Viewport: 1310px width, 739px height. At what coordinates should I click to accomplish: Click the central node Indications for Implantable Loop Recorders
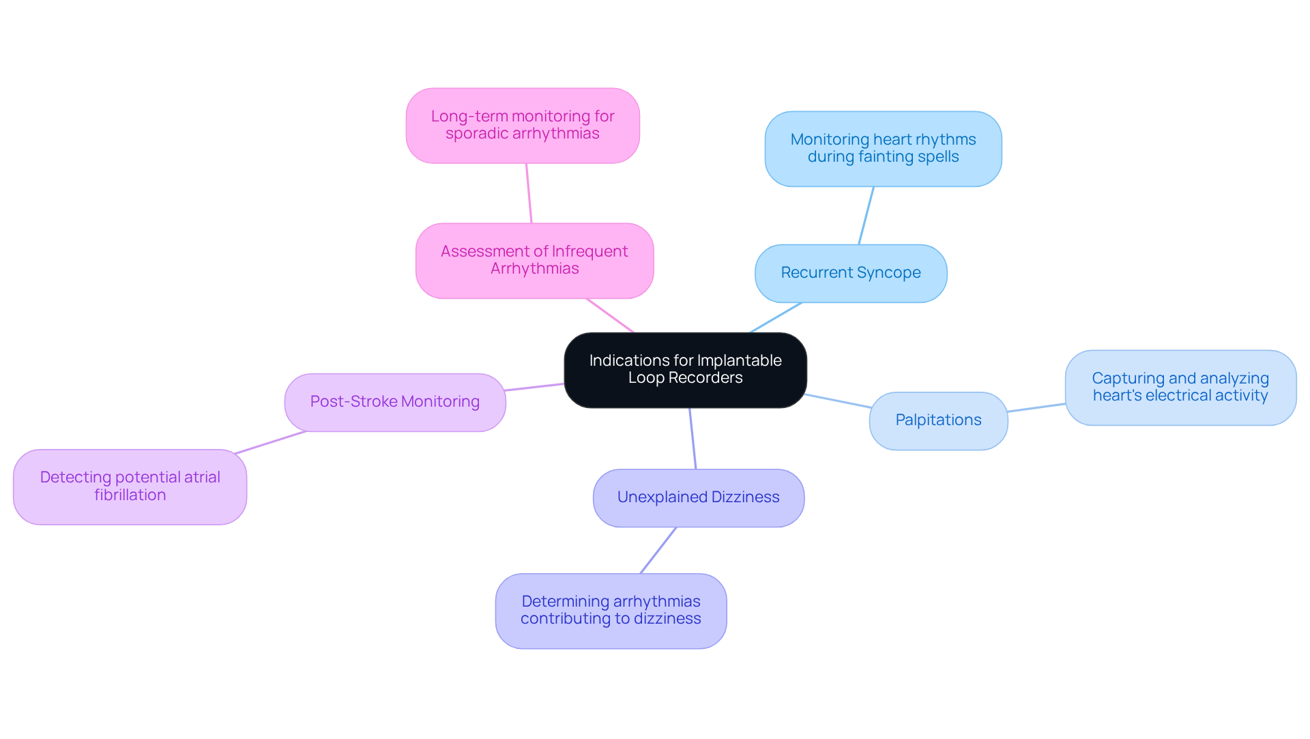685,370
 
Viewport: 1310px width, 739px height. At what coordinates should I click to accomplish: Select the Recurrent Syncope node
851,273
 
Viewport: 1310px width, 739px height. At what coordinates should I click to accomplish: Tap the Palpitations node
938,420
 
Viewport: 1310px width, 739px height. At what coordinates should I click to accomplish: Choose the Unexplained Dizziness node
698,497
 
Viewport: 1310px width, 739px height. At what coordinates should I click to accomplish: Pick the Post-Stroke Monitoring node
394,402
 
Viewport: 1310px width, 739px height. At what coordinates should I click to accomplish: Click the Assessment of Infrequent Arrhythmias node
534,260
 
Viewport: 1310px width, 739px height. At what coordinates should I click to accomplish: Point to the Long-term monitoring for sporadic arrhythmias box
523,125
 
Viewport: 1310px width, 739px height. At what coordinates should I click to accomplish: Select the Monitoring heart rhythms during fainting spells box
883,148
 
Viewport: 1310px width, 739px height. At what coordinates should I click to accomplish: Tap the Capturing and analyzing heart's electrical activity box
1180,387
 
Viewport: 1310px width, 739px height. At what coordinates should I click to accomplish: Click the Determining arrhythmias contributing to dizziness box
611,610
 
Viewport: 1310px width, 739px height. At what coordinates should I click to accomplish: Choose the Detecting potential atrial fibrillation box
130,486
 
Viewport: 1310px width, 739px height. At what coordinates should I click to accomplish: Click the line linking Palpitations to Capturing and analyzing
1036,407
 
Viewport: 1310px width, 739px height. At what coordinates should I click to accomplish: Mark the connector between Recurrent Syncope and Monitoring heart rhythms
866,216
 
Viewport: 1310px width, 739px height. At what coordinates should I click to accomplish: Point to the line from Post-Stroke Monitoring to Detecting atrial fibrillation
270,442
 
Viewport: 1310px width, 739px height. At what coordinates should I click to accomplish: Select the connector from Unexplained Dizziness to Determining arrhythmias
658,550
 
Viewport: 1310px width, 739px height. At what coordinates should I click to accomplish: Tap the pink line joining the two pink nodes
529,193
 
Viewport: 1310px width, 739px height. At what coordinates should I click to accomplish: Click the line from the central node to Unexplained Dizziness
693,439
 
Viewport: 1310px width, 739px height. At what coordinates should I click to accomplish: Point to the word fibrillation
130,495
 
